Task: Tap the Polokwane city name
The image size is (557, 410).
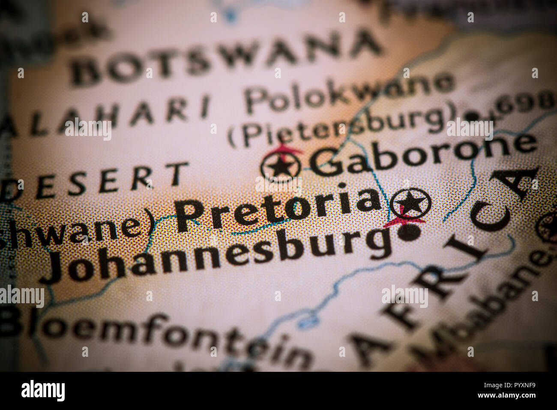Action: pos(349,92)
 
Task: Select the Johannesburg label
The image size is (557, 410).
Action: pos(219,253)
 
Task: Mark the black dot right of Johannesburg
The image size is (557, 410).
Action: pos(409,232)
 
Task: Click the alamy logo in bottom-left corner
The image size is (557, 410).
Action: pos(43,391)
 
